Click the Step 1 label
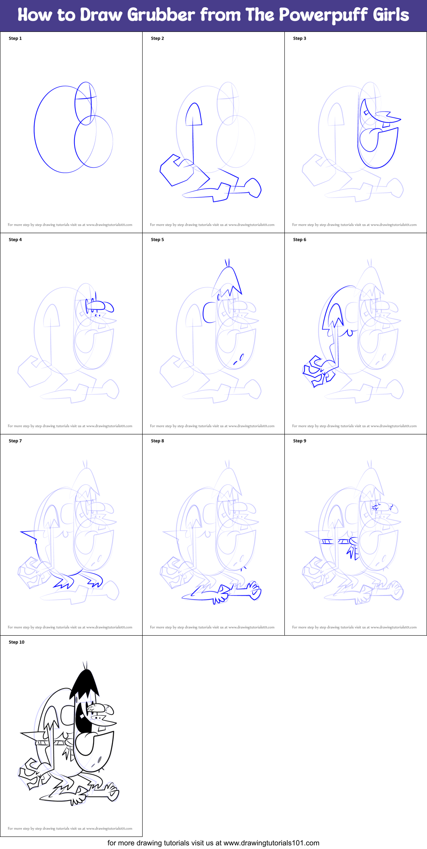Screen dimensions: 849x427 15,38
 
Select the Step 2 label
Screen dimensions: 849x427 158,38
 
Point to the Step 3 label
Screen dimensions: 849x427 300,38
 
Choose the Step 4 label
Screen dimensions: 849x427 15,240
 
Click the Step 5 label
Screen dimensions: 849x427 158,240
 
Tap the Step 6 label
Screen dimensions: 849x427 300,240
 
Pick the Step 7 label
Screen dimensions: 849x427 15,441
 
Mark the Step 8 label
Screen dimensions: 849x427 158,441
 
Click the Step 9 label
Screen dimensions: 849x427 300,441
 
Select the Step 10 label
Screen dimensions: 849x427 17,642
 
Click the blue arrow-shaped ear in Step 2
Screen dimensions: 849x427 194,115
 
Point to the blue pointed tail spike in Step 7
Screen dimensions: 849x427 29,535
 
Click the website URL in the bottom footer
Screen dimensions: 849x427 271,843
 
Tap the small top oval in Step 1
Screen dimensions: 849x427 85,103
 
